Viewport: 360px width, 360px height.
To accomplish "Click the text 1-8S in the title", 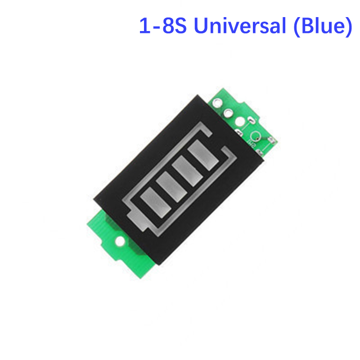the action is point(163,26).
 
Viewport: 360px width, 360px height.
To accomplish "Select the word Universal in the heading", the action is point(240,26).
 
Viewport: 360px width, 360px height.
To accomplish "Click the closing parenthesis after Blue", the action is point(349,27).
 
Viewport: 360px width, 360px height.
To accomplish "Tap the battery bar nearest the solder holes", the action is point(203,155).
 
